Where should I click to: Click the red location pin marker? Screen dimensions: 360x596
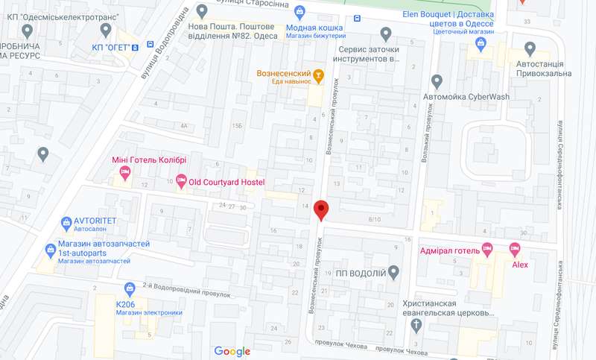[321, 209]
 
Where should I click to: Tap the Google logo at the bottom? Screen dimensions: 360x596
[232, 351]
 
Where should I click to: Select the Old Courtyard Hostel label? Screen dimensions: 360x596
[226, 182]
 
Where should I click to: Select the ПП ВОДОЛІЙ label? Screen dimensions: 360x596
[361, 274]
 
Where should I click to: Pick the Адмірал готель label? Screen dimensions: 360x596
[449, 250]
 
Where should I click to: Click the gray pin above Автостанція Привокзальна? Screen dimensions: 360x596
[530, 49]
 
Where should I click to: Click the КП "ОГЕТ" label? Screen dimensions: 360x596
[115, 48]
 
